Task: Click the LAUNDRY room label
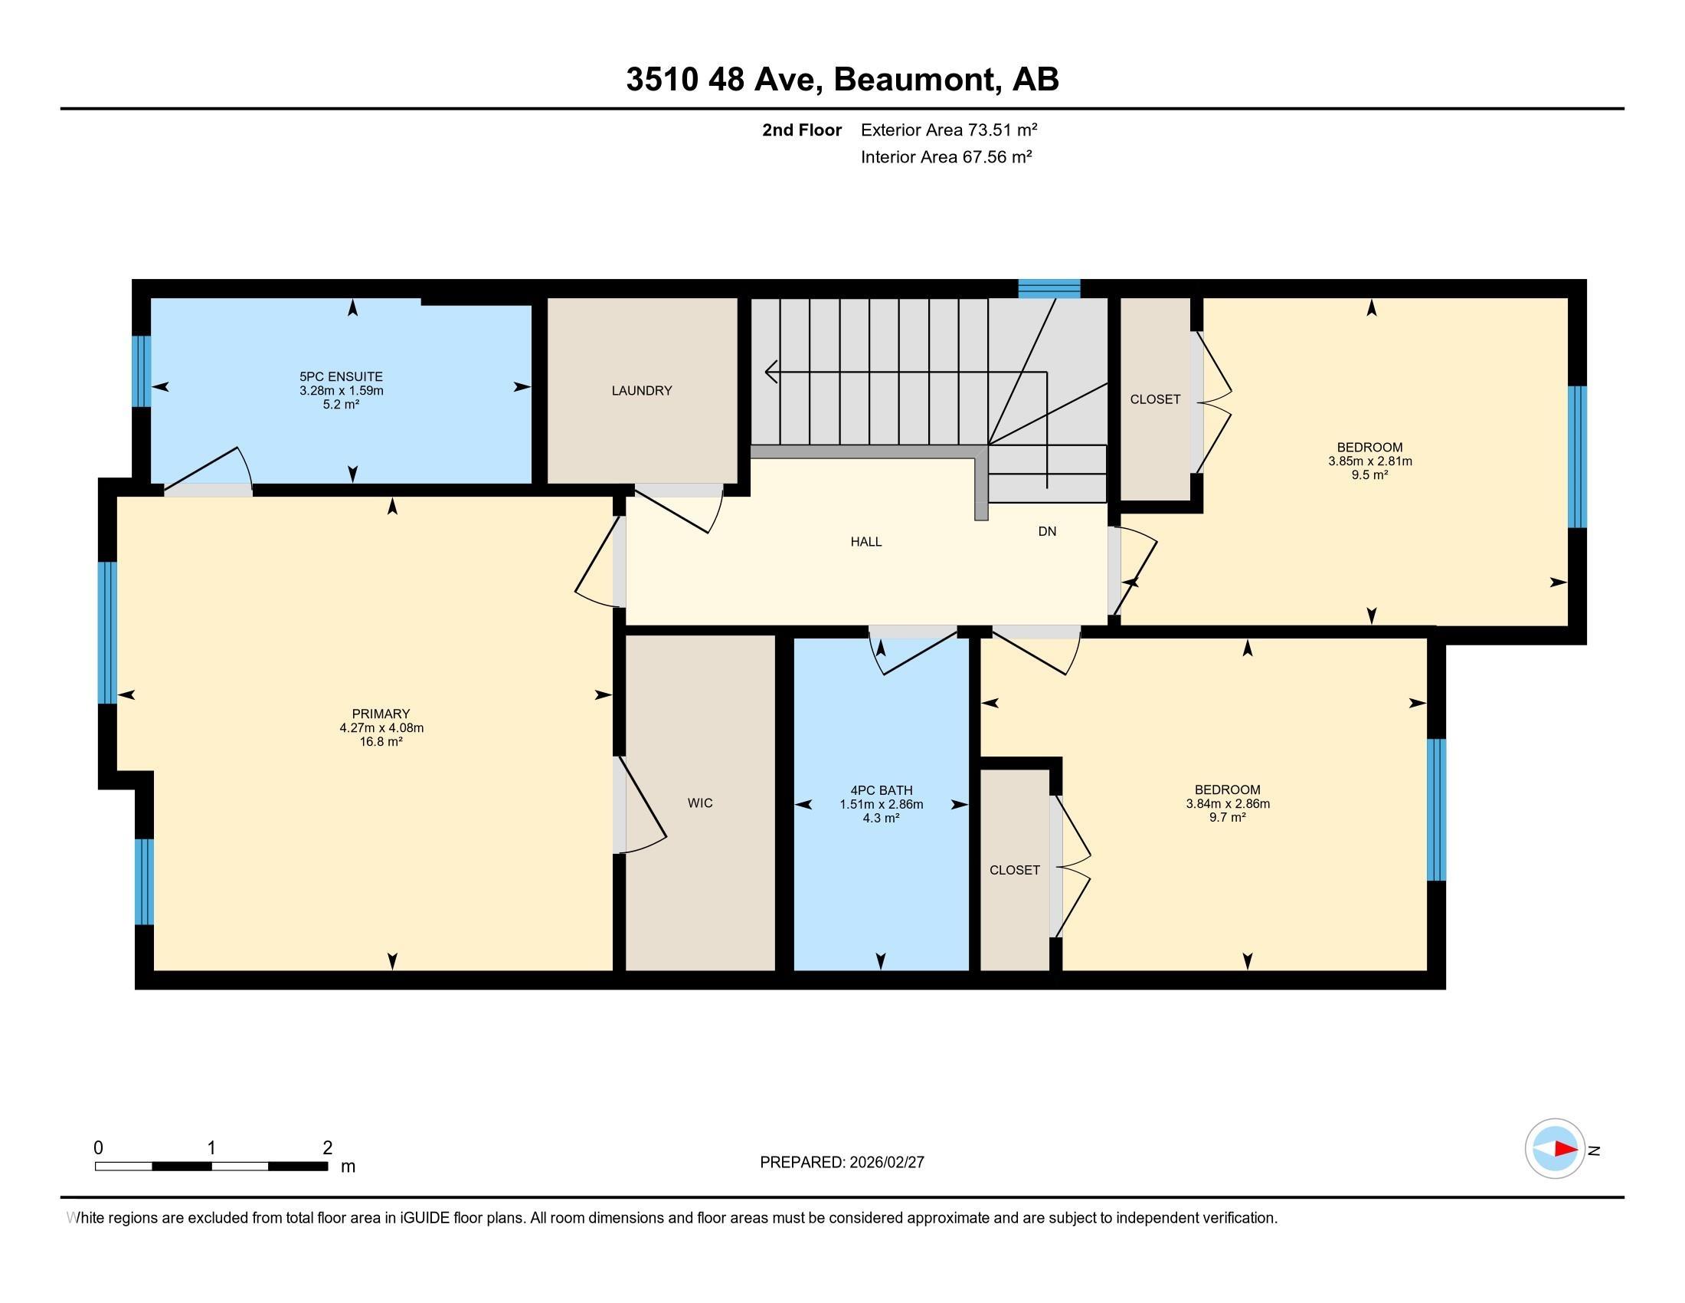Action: click(641, 391)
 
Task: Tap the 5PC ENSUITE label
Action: click(341, 376)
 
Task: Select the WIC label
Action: click(700, 802)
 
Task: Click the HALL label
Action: click(865, 542)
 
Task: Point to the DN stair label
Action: click(1046, 531)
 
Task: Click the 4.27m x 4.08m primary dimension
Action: click(381, 728)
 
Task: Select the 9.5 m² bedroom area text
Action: click(1369, 475)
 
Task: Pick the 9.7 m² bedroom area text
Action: click(1228, 818)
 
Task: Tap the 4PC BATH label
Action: click(881, 789)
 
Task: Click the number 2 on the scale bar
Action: click(327, 1147)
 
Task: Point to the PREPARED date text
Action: click(842, 1163)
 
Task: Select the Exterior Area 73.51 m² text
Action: click(948, 130)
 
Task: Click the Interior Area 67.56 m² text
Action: click(946, 157)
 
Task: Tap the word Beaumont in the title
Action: click(914, 80)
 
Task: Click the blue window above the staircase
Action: click(1049, 289)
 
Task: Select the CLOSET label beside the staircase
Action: click(1154, 399)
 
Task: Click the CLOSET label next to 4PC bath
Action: click(1014, 870)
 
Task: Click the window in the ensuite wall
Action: click(141, 370)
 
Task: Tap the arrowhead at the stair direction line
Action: click(769, 372)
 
